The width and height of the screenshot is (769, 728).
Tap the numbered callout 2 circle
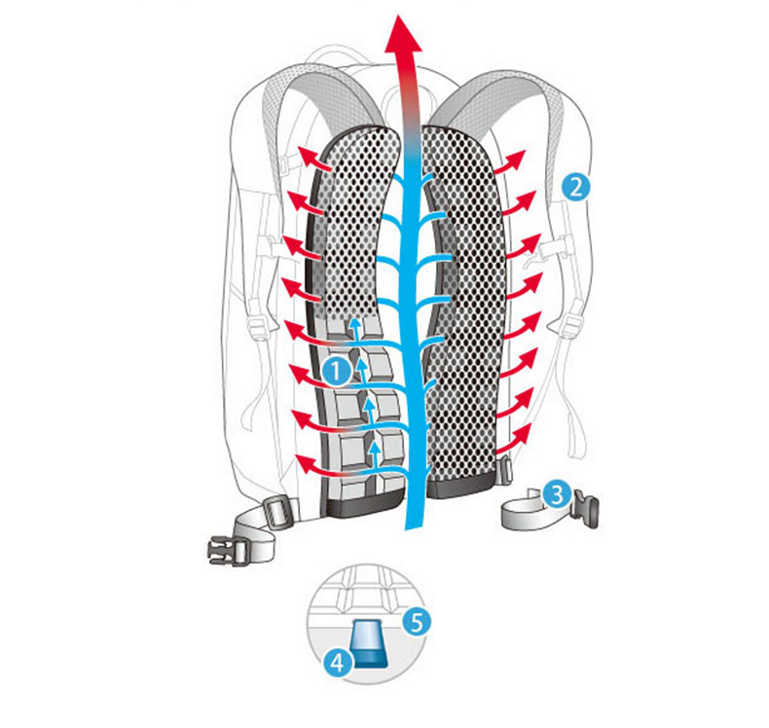point(575,186)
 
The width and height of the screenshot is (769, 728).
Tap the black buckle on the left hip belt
point(223,547)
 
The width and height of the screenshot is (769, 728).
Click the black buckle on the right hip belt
point(586,507)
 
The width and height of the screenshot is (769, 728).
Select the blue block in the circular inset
point(367,642)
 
